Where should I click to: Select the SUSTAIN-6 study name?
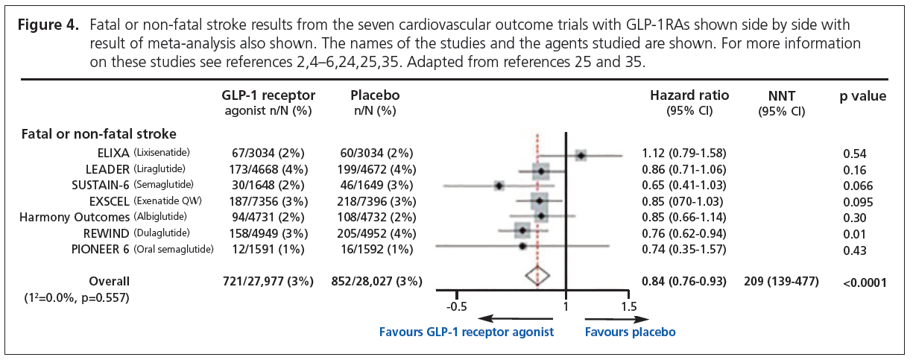pyautogui.click(x=99, y=185)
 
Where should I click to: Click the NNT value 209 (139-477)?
pyautogui.click(x=781, y=281)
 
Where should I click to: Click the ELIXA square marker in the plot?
pyautogui.click(x=581, y=155)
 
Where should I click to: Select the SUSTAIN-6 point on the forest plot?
pyautogui.click(x=499, y=186)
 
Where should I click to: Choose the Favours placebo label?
pyautogui.click(x=630, y=332)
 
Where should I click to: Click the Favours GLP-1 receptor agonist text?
pyautogui.click(x=467, y=332)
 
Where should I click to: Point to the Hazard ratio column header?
pyautogui.click(x=689, y=95)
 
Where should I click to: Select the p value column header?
pyautogui.click(x=862, y=96)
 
